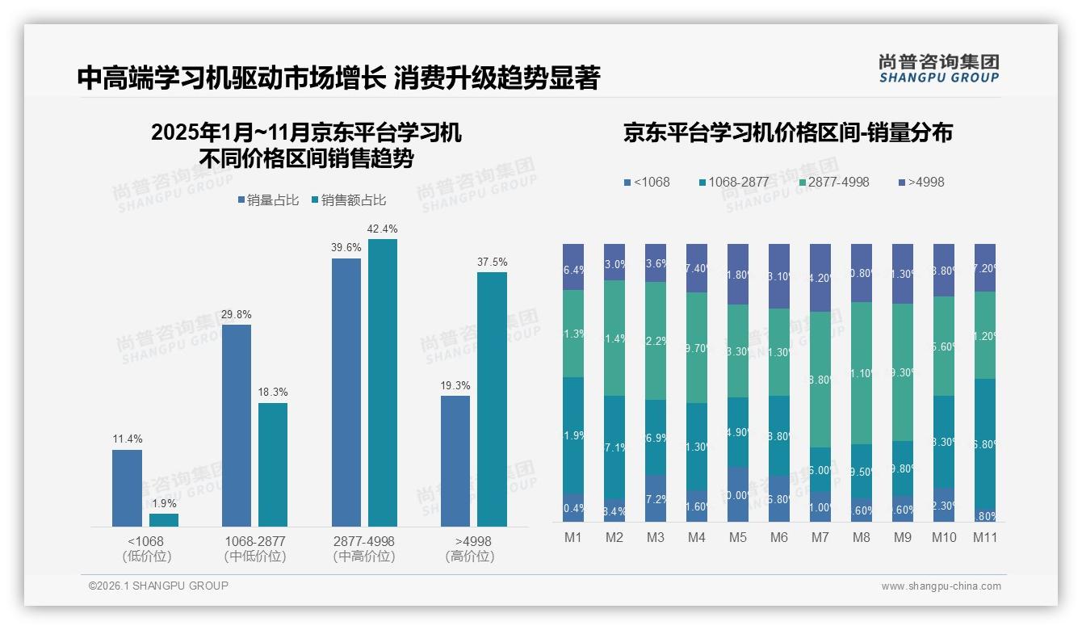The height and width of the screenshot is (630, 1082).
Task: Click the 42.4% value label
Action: coord(382,229)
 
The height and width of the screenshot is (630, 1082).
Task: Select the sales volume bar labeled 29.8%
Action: coord(237,425)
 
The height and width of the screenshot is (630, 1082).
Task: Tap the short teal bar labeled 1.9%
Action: coord(164,520)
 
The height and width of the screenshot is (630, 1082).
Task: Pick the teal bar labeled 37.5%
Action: coord(492,399)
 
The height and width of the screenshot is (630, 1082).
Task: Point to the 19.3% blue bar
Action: coord(455,460)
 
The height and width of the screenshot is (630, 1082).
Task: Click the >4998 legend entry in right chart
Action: coord(921,183)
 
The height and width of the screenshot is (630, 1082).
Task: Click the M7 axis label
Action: coord(820,538)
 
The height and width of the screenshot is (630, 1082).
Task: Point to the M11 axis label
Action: coord(984,538)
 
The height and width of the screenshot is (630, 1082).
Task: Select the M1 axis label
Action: coord(573,538)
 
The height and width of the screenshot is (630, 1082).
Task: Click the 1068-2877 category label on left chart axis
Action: coord(254,541)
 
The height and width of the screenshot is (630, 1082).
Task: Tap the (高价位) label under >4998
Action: coord(470,556)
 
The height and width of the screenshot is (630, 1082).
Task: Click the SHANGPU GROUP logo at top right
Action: coord(938,69)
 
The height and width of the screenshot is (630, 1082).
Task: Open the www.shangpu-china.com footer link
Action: coord(941,586)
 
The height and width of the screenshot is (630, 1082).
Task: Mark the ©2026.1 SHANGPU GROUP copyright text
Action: coord(158,586)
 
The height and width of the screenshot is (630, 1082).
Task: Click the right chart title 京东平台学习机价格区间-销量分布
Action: coord(787,133)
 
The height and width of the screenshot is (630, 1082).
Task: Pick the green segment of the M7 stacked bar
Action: coord(820,380)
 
